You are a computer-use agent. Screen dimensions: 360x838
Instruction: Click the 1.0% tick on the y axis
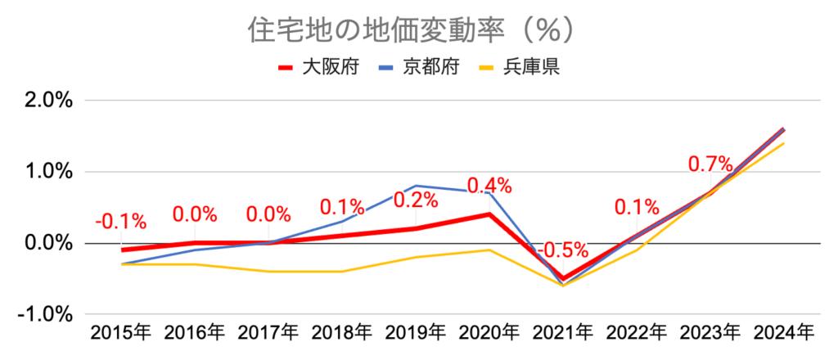[x=52, y=172]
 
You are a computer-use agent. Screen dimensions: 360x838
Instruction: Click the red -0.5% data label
[x=564, y=249]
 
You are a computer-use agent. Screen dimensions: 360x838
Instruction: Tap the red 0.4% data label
[x=489, y=186]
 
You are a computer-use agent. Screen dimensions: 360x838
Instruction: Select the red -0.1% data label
[x=121, y=221]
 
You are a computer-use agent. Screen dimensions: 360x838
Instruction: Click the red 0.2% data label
[x=416, y=200]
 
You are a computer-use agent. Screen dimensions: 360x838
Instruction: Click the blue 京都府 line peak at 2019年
[x=416, y=186]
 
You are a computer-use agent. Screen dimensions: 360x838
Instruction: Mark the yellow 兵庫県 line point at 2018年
[x=342, y=272]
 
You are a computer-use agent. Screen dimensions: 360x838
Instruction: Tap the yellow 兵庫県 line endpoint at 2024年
[x=784, y=143]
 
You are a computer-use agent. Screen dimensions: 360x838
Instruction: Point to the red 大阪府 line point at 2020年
[x=489, y=214]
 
